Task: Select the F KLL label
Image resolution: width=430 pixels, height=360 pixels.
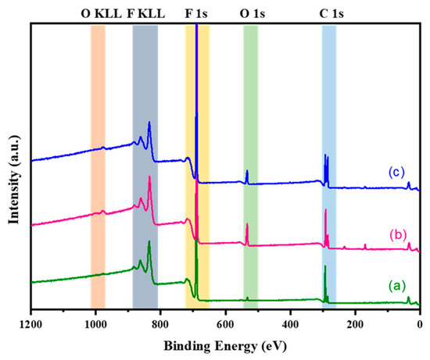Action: click(x=145, y=13)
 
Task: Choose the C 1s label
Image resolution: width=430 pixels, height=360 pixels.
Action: click(x=329, y=13)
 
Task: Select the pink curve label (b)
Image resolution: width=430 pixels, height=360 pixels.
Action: click(x=396, y=233)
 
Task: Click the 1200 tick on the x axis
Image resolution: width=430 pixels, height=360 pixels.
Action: click(x=31, y=322)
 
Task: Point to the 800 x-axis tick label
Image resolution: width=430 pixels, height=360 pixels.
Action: click(x=160, y=322)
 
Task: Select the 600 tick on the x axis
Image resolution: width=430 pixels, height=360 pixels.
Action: click(x=225, y=322)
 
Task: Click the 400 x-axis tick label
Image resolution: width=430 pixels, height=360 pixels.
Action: click(x=290, y=322)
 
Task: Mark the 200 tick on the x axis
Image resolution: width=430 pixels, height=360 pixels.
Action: click(x=355, y=322)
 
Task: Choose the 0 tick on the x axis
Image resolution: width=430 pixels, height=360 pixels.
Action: click(x=420, y=322)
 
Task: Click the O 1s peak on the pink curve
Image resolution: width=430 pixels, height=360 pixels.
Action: click(x=247, y=226)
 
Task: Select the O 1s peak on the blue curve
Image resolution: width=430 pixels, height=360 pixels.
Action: click(x=247, y=172)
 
